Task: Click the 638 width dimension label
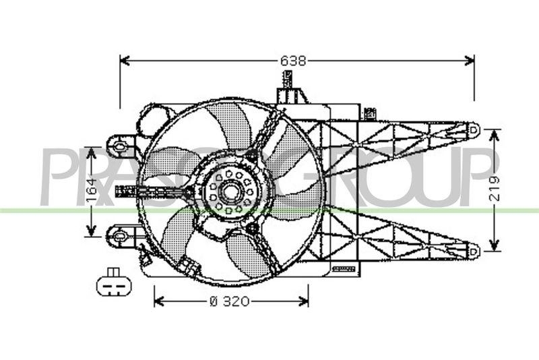click(293, 61)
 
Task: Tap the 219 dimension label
click(495, 189)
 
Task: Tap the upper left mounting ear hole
click(121, 145)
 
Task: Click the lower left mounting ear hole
click(121, 235)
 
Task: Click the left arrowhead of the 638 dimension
click(123, 61)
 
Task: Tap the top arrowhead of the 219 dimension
click(495, 133)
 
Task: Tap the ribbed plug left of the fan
click(126, 191)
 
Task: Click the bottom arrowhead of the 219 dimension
click(495, 247)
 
